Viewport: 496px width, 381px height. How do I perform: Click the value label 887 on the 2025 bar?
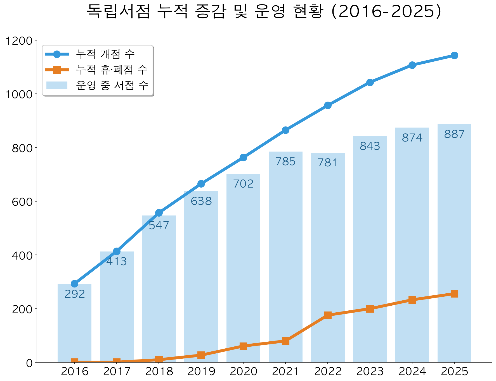454,135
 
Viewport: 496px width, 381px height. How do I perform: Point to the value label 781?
328,163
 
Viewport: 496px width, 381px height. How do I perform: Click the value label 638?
201,201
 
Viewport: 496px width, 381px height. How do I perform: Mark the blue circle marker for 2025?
454,55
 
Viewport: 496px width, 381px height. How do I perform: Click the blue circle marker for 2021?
285,130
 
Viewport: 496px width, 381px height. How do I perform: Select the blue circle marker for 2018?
159,213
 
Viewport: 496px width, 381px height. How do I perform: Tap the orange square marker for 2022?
328,315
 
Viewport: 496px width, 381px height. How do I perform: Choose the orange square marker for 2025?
454,294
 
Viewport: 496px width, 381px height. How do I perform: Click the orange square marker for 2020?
243,346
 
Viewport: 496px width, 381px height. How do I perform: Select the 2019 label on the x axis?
201,372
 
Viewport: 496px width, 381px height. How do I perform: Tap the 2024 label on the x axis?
412,372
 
